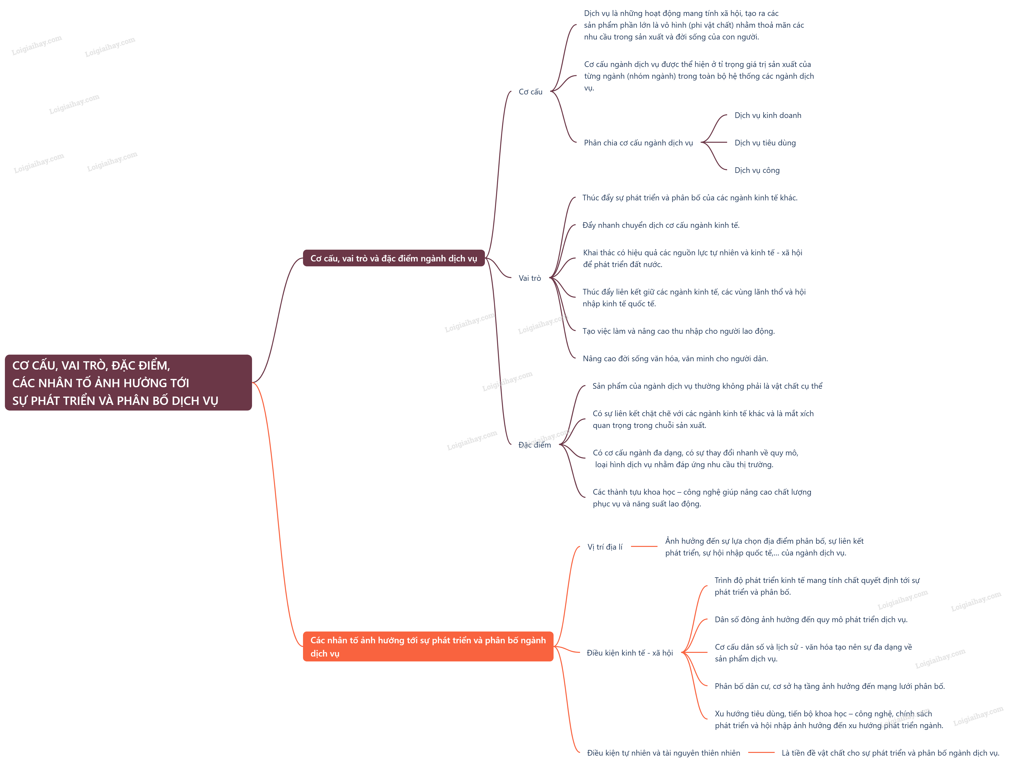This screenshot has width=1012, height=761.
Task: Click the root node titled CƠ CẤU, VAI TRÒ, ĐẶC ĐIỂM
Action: (128, 383)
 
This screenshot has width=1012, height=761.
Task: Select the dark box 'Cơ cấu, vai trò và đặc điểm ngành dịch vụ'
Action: (393, 258)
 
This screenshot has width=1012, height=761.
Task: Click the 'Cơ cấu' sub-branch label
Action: (530, 91)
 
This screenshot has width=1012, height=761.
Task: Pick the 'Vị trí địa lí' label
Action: (605, 547)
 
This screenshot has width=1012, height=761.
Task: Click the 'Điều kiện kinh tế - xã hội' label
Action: (630, 653)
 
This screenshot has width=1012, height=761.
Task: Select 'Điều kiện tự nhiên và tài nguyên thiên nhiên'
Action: (663, 753)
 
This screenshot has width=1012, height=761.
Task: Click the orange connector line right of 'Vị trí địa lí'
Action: (644, 546)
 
